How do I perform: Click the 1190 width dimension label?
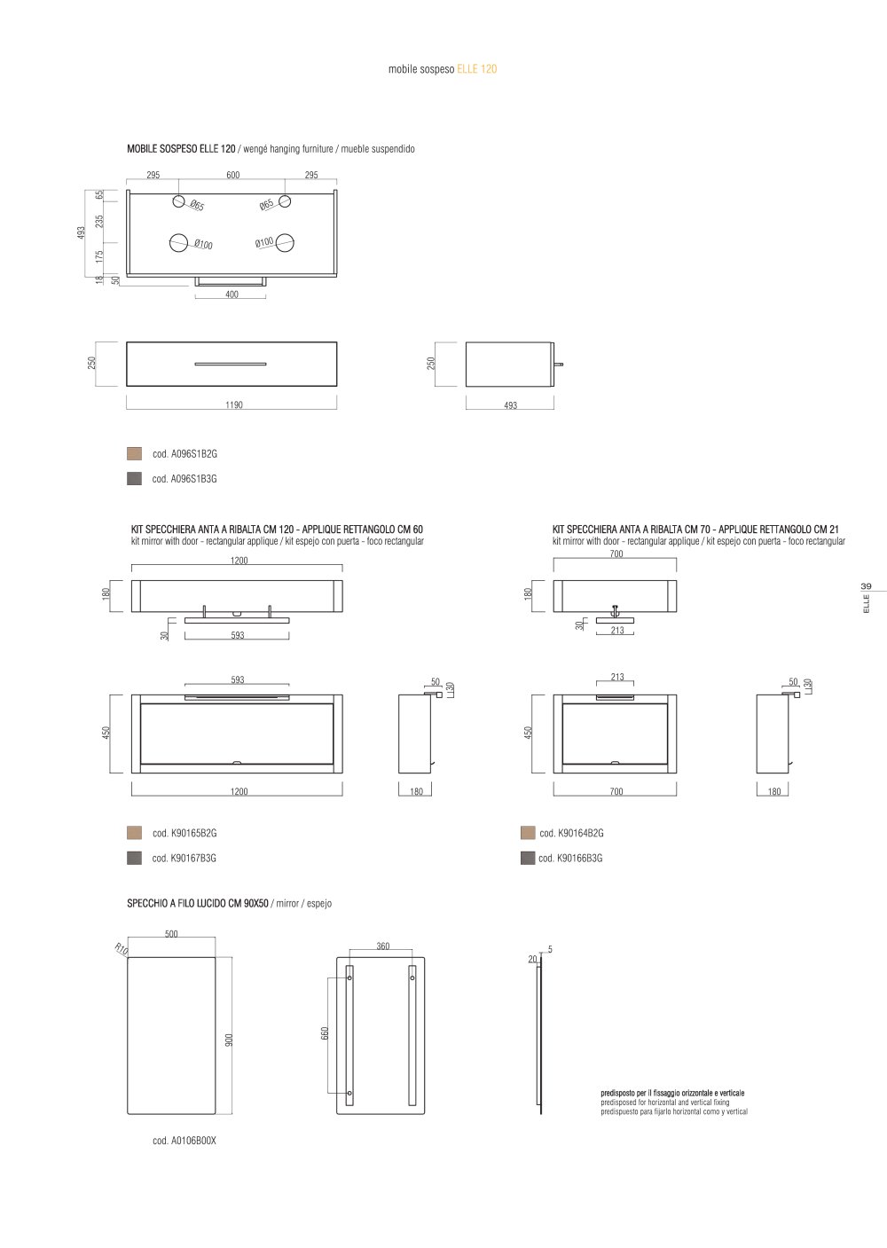tap(234, 404)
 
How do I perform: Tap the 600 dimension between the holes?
tap(233, 175)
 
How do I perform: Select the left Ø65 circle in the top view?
tap(178, 201)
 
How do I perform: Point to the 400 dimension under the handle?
tap(232, 294)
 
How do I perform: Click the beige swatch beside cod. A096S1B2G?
tap(134, 453)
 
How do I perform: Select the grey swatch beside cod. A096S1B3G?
tap(134, 478)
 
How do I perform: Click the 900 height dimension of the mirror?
tap(228, 1040)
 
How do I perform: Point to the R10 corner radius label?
tap(122, 948)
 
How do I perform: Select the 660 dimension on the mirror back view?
tap(326, 1033)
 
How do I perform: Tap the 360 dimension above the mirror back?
tap(383, 946)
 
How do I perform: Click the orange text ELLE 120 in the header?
tap(477, 69)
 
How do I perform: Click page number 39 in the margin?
tap(866, 586)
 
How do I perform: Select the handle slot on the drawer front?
tap(230, 364)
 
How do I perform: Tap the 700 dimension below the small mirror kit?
tap(616, 791)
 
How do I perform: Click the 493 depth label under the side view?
tap(510, 405)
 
